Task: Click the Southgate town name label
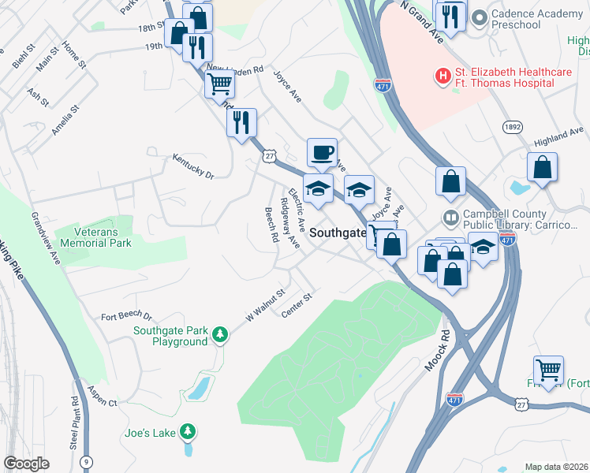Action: [338, 233]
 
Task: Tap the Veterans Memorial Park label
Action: [103, 237]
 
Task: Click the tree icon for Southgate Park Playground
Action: [221, 335]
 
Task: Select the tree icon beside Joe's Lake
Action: [187, 431]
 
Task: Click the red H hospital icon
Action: [442, 76]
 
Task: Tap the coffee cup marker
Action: [321, 152]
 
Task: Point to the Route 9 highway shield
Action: [85, 460]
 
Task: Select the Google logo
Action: [26, 464]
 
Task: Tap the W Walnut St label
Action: [263, 304]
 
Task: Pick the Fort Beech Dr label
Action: [126, 317]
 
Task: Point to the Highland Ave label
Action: [558, 136]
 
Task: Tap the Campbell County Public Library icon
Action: [450, 215]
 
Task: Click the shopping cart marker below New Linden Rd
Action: [220, 83]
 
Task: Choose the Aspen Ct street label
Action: [102, 402]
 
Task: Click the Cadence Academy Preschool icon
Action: [478, 16]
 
